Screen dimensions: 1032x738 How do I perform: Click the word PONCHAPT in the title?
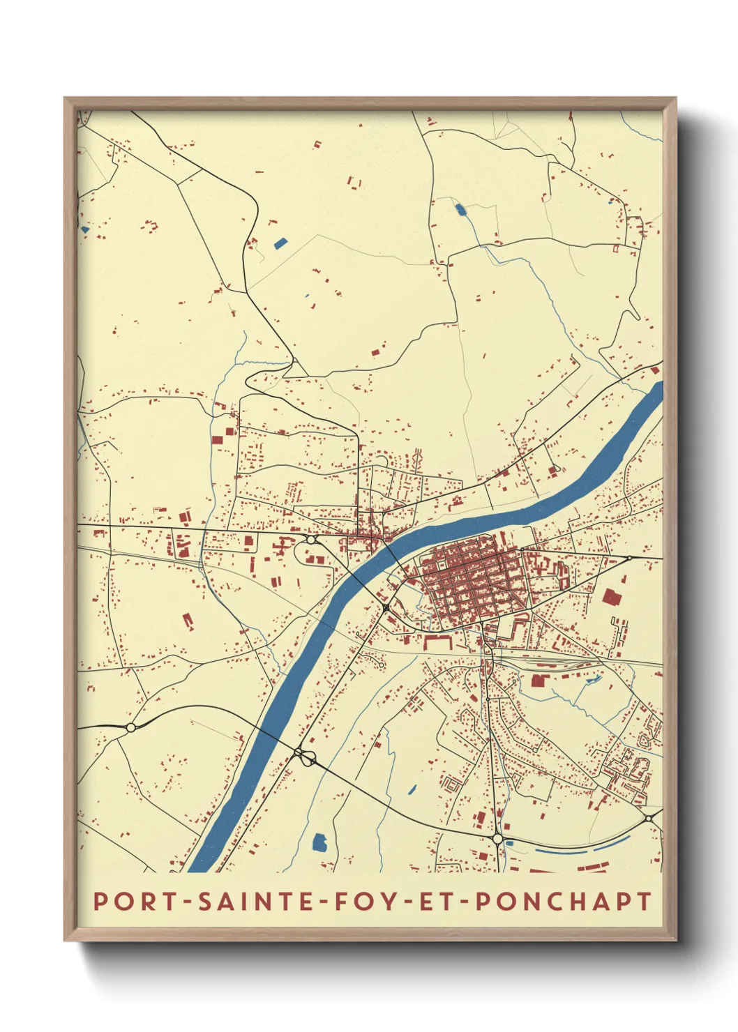click(x=564, y=901)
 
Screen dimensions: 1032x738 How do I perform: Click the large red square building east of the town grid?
click(x=612, y=598)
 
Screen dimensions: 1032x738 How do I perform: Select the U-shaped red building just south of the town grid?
click(x=437, y=641)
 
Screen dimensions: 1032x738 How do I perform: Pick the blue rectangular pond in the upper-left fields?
click(x=280, y=243)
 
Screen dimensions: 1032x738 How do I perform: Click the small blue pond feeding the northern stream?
click(x=460, y=208)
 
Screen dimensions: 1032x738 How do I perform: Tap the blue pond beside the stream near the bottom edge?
click(x=319, y=842)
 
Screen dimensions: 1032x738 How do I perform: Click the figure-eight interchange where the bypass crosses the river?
click(x=303, y=754)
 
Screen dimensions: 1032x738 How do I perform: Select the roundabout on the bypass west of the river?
click(x=130, y=727)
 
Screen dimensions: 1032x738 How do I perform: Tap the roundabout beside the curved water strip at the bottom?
click(x=497, y=838)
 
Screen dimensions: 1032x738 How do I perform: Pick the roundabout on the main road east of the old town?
click(x=629, y=557)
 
